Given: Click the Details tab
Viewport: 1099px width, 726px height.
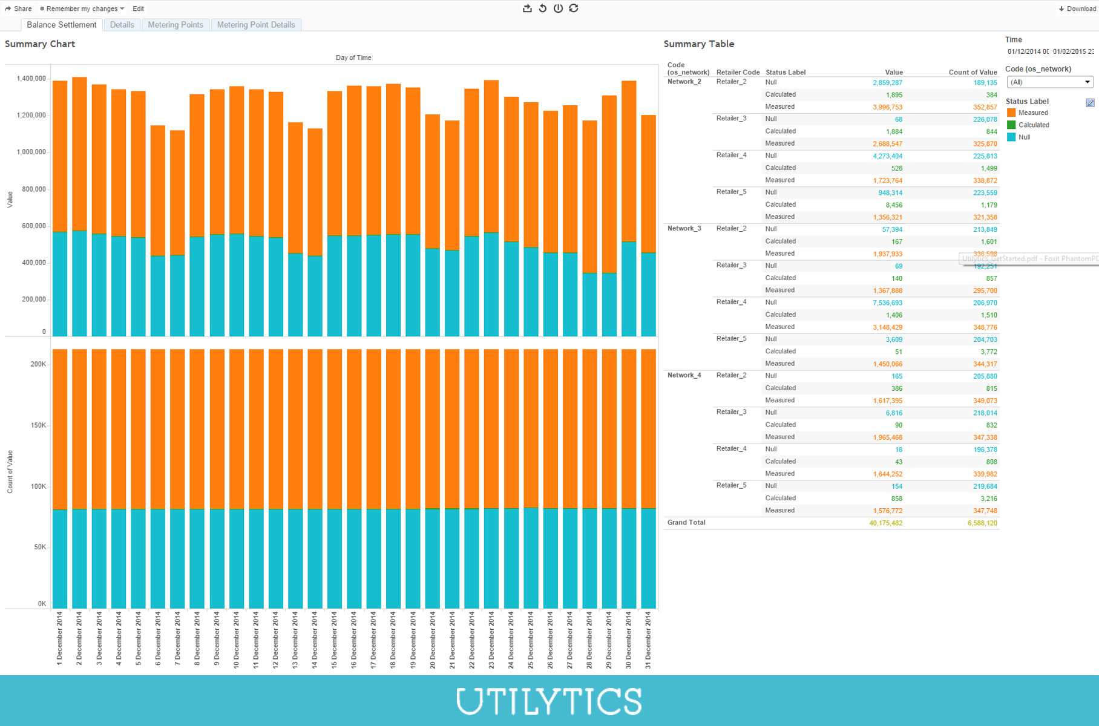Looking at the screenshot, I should coord(122,25).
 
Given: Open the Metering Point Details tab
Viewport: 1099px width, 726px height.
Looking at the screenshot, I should coord(256,25).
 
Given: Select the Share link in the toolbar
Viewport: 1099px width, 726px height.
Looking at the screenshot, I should coord(19,8).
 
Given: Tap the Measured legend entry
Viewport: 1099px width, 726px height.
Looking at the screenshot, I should coord(1032,113).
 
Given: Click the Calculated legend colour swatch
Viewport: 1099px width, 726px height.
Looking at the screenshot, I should coord(1011,125).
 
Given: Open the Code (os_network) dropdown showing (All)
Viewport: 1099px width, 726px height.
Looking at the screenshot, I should coord(1049,82).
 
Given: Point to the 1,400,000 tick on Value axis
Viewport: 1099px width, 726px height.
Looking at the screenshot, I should coord(31,79).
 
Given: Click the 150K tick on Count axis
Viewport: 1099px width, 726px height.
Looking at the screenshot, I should coord(38,425).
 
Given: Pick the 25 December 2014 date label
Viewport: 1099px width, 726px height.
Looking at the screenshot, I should coord(530,639).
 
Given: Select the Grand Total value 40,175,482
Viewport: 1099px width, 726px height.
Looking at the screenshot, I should coord(885,523).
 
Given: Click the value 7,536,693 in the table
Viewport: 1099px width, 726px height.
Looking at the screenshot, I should coord(887,303).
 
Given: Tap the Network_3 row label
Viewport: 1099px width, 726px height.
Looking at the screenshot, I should coord(684,229).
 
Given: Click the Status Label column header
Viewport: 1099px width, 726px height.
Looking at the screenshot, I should coord(786,73).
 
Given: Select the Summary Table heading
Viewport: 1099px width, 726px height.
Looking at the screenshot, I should coord(698,44).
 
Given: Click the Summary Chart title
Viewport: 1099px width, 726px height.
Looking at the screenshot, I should coord(40,44).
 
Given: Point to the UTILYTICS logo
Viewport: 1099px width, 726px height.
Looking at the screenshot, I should coord(549,701).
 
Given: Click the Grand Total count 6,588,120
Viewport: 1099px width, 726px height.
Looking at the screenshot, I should coord(982,523).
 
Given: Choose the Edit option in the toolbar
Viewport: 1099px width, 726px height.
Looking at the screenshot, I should coord(138,8).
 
